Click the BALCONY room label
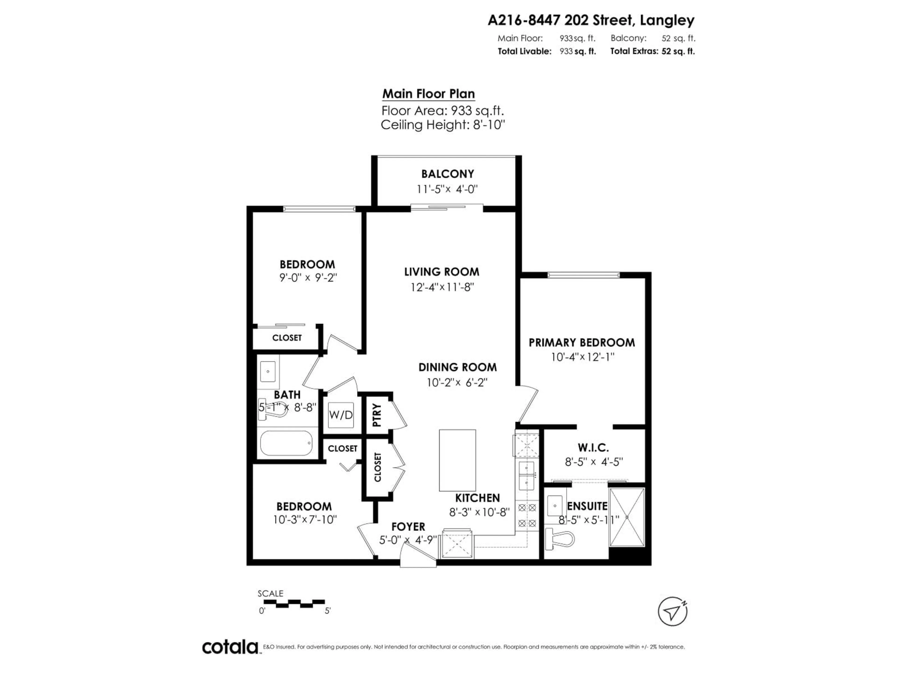pos(447,174)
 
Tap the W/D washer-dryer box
pos(341,415)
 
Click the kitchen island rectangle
pos(457,460)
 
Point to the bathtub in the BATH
pos(286,443)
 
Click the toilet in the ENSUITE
pos(561,539)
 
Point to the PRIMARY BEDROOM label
pos(581,342)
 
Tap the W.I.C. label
pos(593,448)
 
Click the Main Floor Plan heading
pos(429,94)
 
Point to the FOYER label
pos(408,526)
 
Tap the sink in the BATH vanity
pos(268,371)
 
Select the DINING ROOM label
pos(457,367)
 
